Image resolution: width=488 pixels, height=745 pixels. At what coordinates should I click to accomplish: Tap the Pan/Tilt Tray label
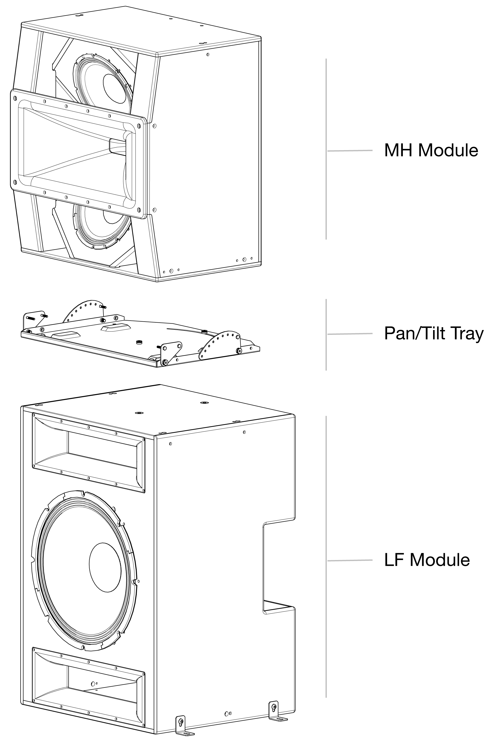click(x=434, y=333)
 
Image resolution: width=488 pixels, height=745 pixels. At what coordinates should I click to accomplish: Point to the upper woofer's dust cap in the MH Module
click(x=117, y=89)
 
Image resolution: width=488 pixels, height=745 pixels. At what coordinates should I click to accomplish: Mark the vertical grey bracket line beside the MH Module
click(x=326, y=149)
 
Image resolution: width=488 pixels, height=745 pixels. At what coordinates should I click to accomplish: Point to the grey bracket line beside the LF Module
click(x=326, y=557)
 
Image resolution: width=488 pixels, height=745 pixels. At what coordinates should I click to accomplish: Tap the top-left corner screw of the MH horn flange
click(x=15, y=98)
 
